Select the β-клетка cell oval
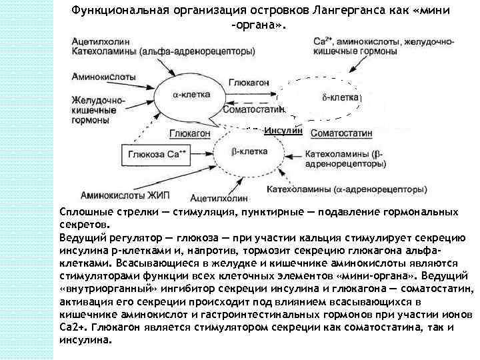click(x=247, y=153)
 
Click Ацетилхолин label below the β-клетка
click(x=218, y=199)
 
